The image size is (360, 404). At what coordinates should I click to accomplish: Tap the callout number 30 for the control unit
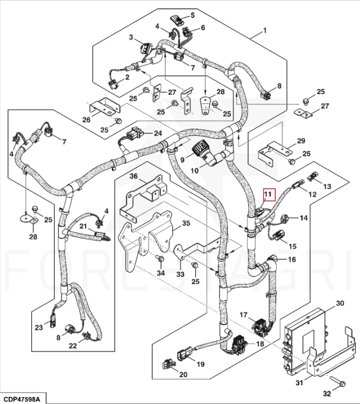340,303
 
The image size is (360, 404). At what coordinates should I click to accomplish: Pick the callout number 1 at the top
264,30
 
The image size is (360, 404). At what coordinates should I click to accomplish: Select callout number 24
157,134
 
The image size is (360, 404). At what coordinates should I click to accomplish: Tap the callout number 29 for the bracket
300,142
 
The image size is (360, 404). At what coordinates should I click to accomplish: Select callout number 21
83,226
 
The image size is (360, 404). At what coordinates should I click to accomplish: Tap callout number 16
291,259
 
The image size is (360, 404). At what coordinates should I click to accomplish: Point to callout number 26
86,119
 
